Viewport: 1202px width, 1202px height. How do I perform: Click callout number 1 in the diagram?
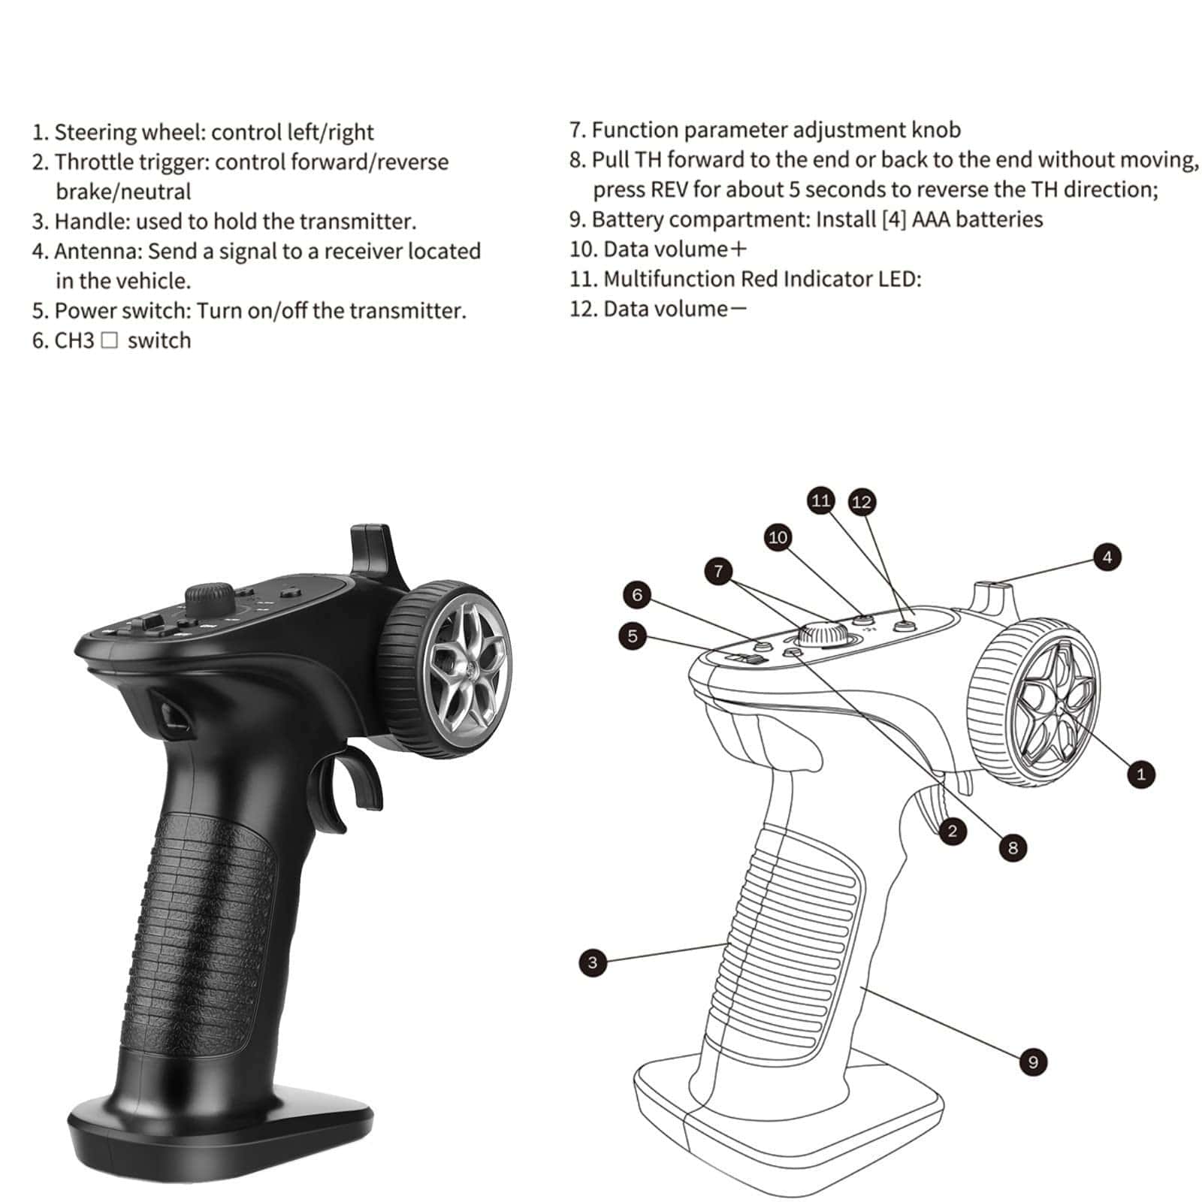pos(1141,774)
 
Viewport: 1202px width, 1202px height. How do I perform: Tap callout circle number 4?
pos(1107,557)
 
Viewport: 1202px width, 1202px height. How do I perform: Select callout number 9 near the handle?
pos(1033,1062)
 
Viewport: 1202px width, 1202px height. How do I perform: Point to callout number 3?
pos(593,962)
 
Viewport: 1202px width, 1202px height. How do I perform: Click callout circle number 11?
pos(821,500)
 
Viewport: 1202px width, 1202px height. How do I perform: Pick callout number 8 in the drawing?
pos(1013,848)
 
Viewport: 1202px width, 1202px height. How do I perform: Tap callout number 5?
pos(633,636)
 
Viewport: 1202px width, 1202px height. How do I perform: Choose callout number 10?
pos(778,537)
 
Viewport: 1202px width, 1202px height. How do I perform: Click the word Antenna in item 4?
pos(97,251)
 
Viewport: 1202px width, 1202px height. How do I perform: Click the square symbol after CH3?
pos(109,341)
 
